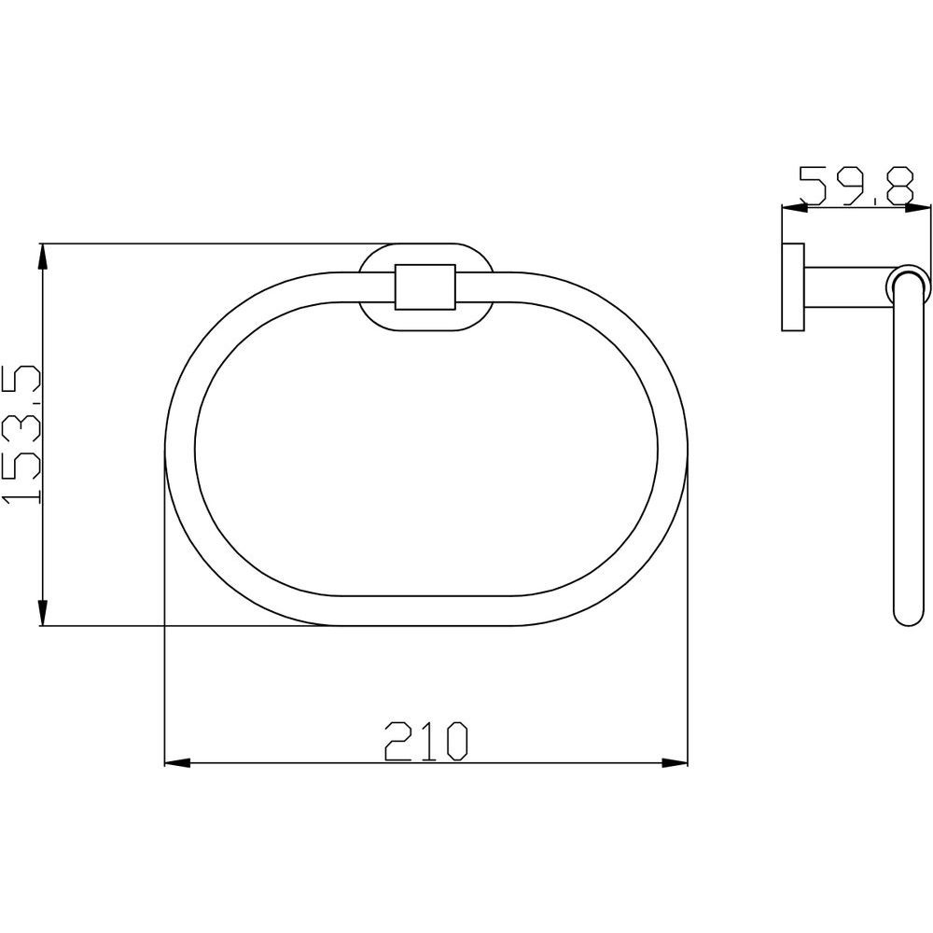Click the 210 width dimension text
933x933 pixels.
click(426, 742)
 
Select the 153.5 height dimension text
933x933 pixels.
click(21, 435)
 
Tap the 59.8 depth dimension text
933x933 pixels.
click(856, 186)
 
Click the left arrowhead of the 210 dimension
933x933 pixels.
click(177, 762)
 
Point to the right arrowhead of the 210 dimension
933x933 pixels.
click(675, 762)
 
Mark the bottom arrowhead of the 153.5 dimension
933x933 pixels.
click(42, 612)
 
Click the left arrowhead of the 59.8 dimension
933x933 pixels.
click(794, 208)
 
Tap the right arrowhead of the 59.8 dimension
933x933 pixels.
click(916, 208)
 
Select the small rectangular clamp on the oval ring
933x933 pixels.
click(425, 286)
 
